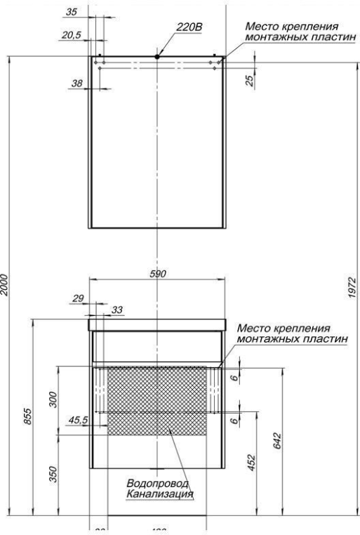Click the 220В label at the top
[189, 27]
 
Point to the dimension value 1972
[353, 288]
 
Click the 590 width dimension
[158, 275]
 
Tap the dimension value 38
[78, 84]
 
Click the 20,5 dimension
[69, 34]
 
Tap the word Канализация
[160, 495]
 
